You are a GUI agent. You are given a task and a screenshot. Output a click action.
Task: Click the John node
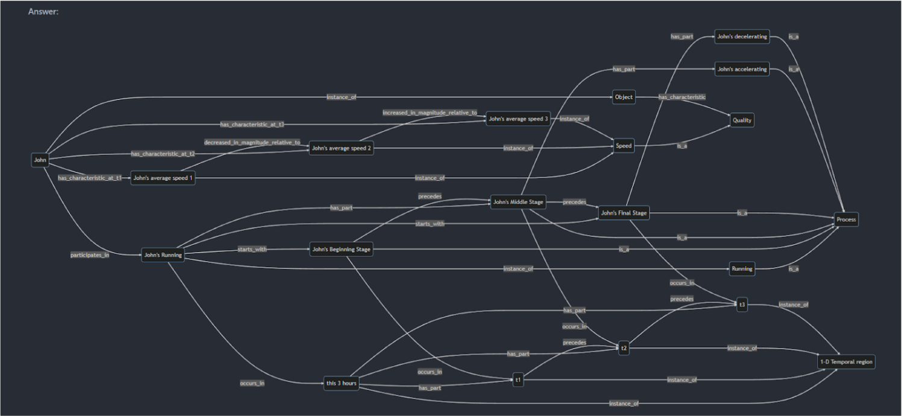click(40, 160)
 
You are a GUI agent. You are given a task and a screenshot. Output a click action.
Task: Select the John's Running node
click(163, 255)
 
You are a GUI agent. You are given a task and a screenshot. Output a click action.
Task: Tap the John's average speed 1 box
click(163, 178)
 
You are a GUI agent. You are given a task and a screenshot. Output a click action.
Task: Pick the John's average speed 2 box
click(341, 148)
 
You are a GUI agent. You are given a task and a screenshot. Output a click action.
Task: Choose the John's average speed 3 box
click(518, 119)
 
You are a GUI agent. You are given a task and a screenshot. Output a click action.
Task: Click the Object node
click(624, 97)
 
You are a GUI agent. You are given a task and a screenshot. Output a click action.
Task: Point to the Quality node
click(742, 120)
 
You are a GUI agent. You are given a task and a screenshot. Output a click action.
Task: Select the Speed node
click(624, 146)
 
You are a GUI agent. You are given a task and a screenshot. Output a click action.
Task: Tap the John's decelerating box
click(742, 37)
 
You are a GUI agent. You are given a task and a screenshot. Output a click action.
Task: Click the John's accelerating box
click(742, 69)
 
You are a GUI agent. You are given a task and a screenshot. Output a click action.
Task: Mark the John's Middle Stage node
click(518, 202)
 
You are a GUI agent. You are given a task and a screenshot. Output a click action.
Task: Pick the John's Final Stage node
click(624, 213)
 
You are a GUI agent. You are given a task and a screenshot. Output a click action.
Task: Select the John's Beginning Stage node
click(341, 249)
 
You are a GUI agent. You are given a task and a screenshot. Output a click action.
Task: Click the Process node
click(846, 219)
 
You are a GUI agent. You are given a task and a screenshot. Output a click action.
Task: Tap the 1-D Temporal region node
click(846, 362)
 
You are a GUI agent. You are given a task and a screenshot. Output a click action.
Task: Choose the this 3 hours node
click(341, 383)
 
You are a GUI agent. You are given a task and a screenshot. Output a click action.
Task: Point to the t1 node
click(518, 380)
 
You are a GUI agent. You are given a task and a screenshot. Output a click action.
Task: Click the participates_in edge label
click(90, 255)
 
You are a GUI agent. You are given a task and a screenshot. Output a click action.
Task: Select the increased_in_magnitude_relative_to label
click(430, 113)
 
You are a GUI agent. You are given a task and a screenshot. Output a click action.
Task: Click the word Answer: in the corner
click(43, 11)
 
